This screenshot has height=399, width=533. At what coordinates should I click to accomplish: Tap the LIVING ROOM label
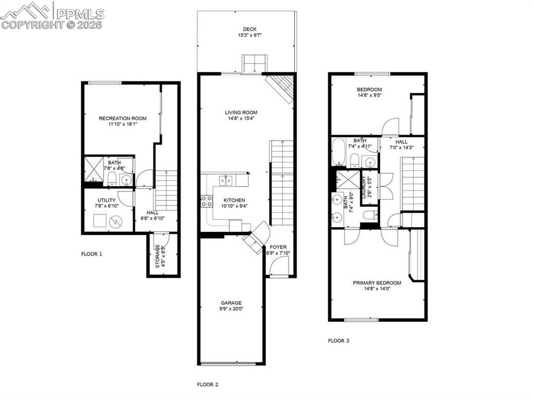(x=241, y=112)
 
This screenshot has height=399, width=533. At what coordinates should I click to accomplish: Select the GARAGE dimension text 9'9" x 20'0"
(x=231, y=309)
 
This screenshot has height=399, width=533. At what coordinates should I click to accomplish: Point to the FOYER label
(x=278, y=247)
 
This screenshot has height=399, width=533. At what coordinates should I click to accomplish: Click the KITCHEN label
(x=234, y=200)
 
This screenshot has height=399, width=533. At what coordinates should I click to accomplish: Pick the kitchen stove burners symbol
(x=206, y=201)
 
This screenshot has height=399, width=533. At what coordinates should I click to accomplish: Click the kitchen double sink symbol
(x=225, y=181)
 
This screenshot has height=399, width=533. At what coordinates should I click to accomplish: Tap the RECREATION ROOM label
(x=123, y=119)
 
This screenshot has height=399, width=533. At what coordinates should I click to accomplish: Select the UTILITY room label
(x=106, y=200)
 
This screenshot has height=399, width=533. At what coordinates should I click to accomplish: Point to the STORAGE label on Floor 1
(x=157, y=256)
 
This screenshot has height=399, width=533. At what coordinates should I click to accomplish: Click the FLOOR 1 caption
(x=92, y=254)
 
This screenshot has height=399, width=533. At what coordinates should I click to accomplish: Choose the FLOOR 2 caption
(x=208, y=385)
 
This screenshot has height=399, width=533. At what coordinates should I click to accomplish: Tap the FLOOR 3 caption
(x=339, y=341)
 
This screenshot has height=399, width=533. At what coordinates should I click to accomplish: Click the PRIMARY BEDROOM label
(x=377, y=283)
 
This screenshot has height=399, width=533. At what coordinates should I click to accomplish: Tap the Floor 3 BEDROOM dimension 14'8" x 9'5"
(x=370, y=95)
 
